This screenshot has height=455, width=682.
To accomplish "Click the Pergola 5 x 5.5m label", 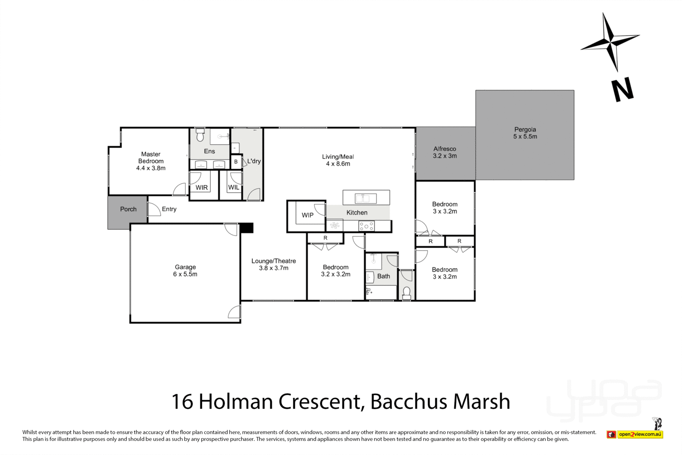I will pyautogui.click(x=525, y=133).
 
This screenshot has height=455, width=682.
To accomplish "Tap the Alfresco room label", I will pyautogui.click(x=445, y=152).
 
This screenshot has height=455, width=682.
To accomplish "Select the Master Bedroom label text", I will pyautogui.click(x=151, y=161).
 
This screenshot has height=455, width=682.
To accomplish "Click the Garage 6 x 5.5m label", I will pyautogui.click(x=185, y=270).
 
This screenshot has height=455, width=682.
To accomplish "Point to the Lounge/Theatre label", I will pyautogui.click(x=273, y=264).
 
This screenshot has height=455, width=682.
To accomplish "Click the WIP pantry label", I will pyautogui.click(x=307, y=215).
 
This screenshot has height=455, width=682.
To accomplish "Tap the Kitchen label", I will pyautogui.click(x=357, y=212).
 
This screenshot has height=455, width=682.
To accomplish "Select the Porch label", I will pyautogui.click(x=128, y=209).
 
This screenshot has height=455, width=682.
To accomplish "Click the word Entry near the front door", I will pyautogui.click(x=169, y=209).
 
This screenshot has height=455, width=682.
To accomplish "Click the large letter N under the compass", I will pyautogui.click(x=623, y=90).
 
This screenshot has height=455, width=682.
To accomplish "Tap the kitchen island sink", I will pyautogui.click(x=365, y=198).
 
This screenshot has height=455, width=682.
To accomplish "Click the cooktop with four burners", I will pyautogui.click(x=366, y=226).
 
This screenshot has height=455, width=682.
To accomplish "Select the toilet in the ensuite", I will pyautogui.click(x=200, y=135).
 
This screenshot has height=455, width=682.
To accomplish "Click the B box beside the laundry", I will pyautogui.click(x=236, y=162).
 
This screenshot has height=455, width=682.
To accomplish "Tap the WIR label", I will pyautogui.click(x=202, y=188).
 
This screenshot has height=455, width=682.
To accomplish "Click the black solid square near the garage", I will pyautogui.click(x=247, y=228).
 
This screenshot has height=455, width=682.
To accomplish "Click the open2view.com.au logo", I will pyautogui.click(x=639, y=434).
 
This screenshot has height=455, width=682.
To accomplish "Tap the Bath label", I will pyautogui.click(x=384, y=276).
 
